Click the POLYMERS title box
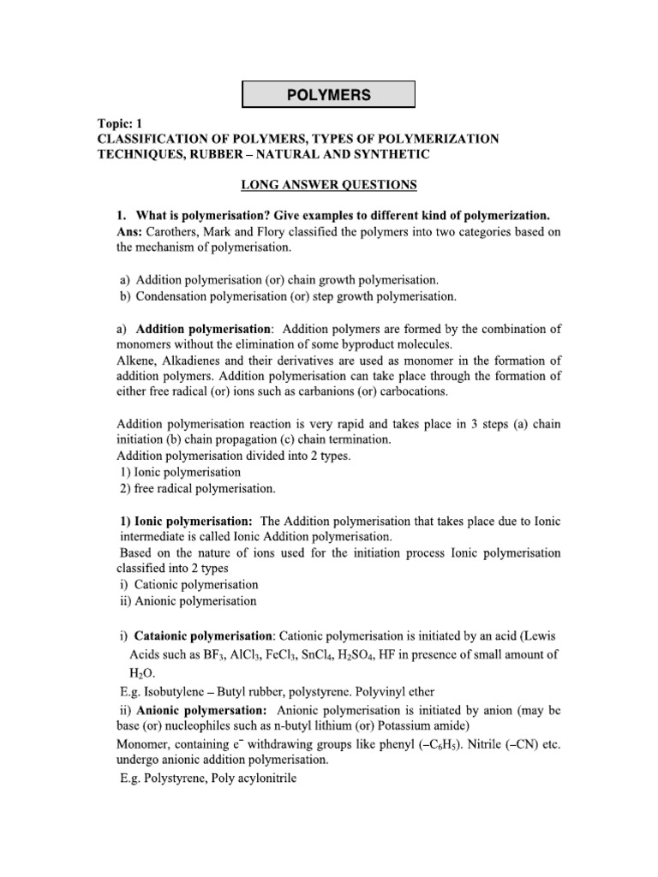tap(328, 95)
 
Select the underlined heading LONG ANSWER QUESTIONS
tap(328, 184)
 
